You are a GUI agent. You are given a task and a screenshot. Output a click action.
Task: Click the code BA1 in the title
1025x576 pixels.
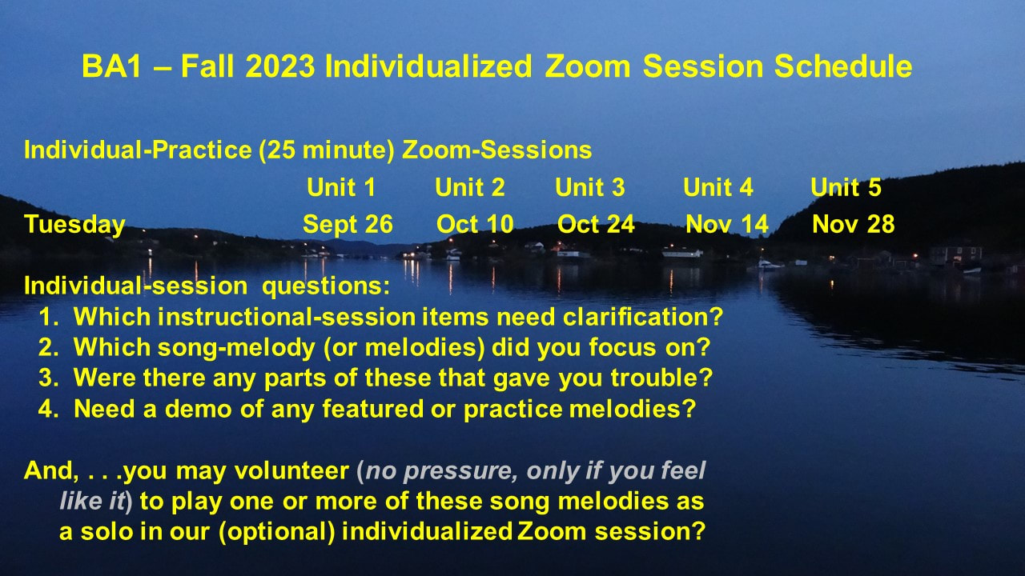pyautogui.click(x=111, y=66)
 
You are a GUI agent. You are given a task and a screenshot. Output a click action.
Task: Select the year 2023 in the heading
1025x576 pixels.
pyautogui.click(x=280, y=66)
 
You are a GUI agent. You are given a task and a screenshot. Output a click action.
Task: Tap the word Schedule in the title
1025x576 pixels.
pyautogui.click(x=843, y=66)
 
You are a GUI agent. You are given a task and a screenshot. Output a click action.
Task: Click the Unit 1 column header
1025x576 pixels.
pyautogui.click(x=341, y=187)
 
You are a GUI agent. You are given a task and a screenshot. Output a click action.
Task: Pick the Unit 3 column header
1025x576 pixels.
pyautogui.click(x=590, y=187)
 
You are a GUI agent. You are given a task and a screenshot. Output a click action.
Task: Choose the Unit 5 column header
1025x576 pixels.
pyautogui.click(x=846, y=187)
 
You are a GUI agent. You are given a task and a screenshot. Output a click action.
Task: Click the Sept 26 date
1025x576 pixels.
pyautogui.click(x=348, y=225)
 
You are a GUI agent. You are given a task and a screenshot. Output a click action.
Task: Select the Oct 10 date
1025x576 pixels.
pyautogui.click(x=475, y=225)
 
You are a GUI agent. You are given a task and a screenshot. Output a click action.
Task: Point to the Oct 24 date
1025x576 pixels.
pyautogui.click(x=596, y=225)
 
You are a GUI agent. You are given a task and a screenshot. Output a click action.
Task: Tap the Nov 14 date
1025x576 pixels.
pyautogui.click(x=726, y=225)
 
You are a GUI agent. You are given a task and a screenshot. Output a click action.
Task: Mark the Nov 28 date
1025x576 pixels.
pyautogui.click(x=854, y=225)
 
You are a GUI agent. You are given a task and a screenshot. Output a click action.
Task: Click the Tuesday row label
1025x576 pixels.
pyautogui.click(x=74, y=225)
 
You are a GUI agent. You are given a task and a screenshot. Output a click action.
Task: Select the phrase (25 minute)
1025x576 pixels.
pyautogui.click(x=327, y=150)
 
